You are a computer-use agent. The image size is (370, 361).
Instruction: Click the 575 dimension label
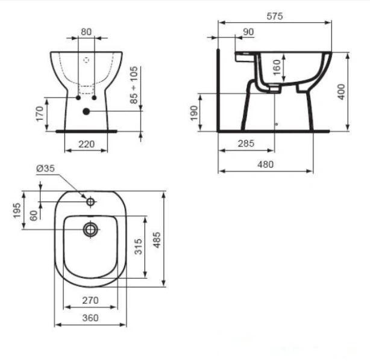(274, 16)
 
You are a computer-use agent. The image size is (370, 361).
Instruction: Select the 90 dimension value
(247, 32)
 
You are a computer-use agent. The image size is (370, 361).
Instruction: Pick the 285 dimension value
(246, 144)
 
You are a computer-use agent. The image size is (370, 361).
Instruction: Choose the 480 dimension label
(265, 164)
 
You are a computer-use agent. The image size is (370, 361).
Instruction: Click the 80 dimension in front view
(86, 32)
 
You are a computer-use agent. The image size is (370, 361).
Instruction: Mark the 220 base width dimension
(86, 144)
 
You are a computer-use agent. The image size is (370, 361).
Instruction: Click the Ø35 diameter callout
(45, 170)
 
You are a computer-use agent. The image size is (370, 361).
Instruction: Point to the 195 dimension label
(17, 211)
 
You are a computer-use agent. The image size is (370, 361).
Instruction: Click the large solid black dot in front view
(86, 111)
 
